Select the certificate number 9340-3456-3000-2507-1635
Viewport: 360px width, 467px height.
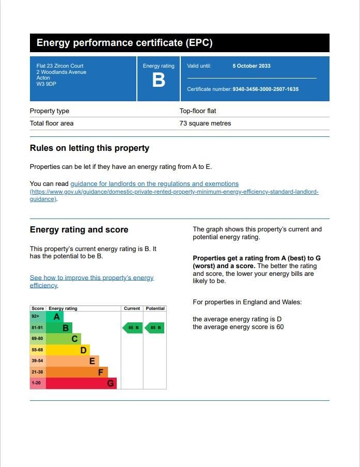click(x=265, y=89)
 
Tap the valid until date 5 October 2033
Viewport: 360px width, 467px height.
click(x=252, y=66)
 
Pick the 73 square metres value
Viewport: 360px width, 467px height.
click(x=205, y=123)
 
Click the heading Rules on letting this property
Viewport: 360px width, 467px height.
click(x=89, y=148)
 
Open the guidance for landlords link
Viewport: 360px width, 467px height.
click(x=154, y=184)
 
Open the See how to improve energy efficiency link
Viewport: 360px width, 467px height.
click(x=91, y=278)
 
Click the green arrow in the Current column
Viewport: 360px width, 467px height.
click(x=133, y=328)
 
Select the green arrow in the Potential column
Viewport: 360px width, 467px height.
click(x=154, y=328)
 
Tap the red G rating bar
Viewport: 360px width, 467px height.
click(x=81, y=383)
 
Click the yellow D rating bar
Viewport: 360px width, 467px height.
click(x=68, y=350)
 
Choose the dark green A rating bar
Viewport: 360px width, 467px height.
click(x=55, y=317)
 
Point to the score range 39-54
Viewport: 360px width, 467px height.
click(x=37, y=361)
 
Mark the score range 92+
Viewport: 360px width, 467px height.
click(x=36, y=316)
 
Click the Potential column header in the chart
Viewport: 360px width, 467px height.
click(x=155, y=308)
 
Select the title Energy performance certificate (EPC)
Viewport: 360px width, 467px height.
click(x=124, y=43)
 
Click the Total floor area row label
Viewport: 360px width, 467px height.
click(x=52, y=123)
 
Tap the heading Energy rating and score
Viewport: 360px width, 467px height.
click(x=79, y=230)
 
